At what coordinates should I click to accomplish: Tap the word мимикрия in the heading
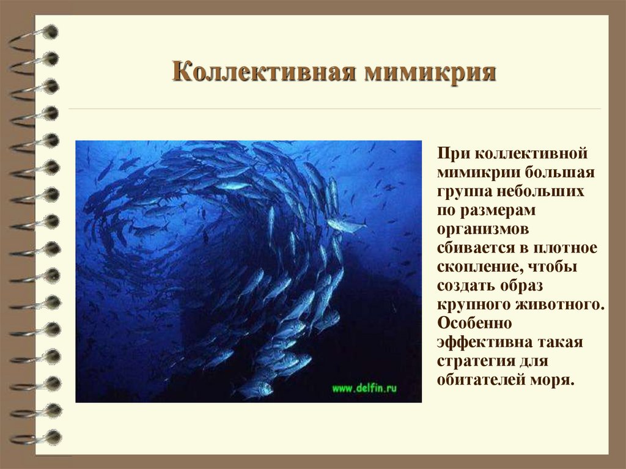(430, 72)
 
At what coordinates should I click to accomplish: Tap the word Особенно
(470, 323)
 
